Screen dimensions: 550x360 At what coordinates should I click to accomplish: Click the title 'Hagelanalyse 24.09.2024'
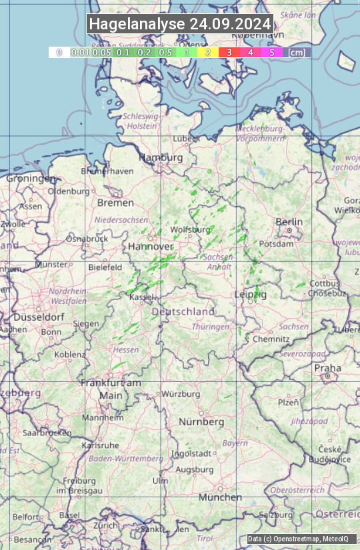coord(180,24)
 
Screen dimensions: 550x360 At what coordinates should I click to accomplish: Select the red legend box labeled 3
coord(229,52)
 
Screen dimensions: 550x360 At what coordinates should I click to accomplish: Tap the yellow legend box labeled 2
coord(208,52)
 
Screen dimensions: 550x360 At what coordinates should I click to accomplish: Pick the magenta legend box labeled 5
coord(271,52)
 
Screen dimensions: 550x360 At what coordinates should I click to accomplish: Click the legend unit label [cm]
coord(297,52)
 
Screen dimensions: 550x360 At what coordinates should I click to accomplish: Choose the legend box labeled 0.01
coord(80,52)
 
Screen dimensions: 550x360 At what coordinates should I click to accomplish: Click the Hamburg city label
coord(161,157)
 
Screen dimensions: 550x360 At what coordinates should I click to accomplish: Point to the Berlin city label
coord(289,222)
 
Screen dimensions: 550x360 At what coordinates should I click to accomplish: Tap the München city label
coord(220,497)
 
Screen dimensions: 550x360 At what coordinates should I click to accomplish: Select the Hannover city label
coord(151,246)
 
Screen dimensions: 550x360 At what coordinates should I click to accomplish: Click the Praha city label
coord(327,368)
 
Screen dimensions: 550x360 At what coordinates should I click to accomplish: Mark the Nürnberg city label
coord(201,422)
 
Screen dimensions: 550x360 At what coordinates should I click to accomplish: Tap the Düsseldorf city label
coord(33,317)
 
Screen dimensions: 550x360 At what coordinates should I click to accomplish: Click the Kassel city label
coord(142,297)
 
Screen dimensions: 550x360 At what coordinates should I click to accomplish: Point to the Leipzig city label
coord(251,294)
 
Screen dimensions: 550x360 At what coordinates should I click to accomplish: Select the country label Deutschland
coord(183,311)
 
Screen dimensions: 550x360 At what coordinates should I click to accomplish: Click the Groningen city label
coord(31,179)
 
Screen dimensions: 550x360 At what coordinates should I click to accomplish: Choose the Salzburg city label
coord(276,515)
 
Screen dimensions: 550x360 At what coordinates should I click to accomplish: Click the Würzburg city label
coord(181,394)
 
